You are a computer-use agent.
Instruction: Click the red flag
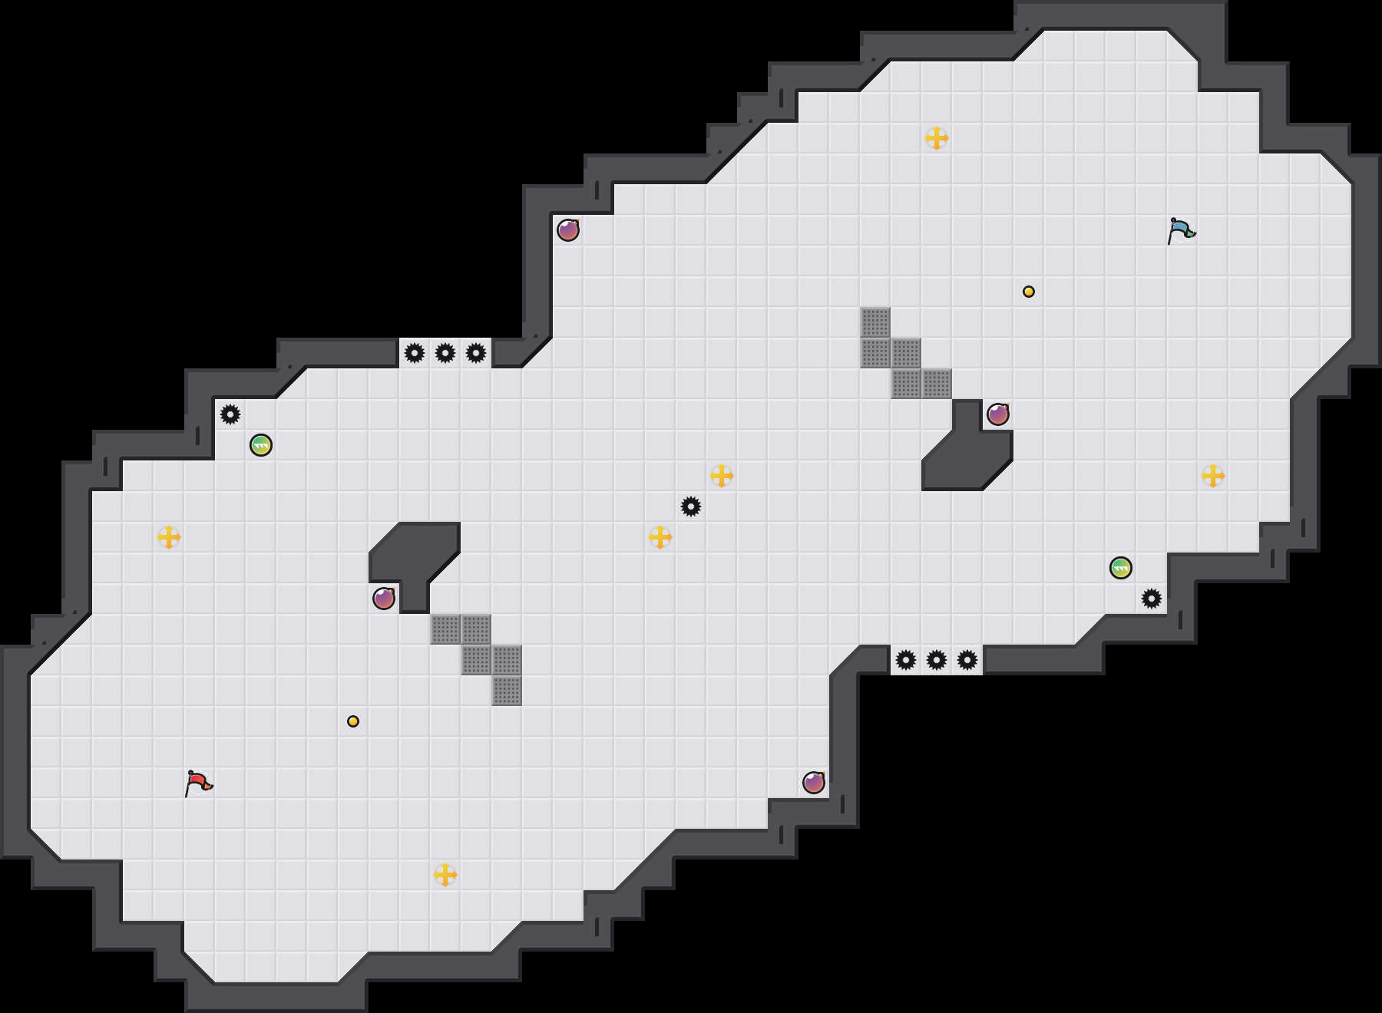[x=198, y=783]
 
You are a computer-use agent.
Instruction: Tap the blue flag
[x=1181, y=230]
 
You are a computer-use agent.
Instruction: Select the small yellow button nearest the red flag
[x=353, y=721]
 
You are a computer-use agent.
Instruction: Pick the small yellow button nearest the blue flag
[x=1029, y=292]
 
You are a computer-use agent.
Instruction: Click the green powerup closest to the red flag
[x=261, y=445]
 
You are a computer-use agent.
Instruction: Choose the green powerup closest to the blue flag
[x=1121, y=568]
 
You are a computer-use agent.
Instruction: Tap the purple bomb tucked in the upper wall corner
[x=568, y=230]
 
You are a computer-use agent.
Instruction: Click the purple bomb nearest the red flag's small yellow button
[x=384, y=599]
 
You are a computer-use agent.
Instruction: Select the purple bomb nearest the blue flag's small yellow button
[x=998, y=414]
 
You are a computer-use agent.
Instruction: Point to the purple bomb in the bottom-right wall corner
[x=814, y=783]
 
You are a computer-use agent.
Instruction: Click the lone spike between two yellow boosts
[x=691, y=506]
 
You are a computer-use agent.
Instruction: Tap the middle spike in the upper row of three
[x=445, y=353]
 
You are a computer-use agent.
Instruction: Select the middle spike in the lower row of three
[x=937, y=660]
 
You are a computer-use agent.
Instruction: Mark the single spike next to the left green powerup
[x=230, y=414]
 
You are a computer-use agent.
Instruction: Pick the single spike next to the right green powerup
[x=1152, y=599]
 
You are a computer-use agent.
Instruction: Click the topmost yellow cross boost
[x=937, y=138]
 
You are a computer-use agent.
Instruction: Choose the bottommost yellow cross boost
[x=445, y=875]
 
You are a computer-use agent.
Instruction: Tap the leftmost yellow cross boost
[x=169, y=537]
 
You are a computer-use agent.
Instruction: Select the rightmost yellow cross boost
[x=1213, y=476]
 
